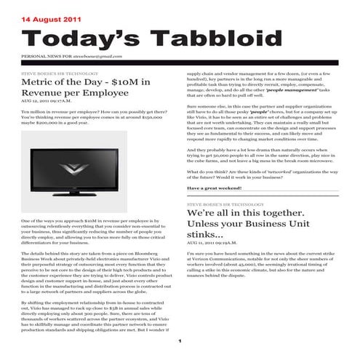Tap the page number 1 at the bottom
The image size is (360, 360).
coord(179,341)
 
